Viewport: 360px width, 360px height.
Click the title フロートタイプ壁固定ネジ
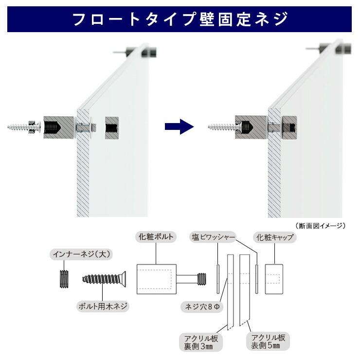(x=180, y=19)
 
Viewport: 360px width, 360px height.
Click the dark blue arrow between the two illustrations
(x=180, y=126)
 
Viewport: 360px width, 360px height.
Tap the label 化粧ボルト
(x=156, y=237)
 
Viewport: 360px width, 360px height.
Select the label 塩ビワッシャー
(x=213, y=237)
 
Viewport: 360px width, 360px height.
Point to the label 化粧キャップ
(x=275, y=237)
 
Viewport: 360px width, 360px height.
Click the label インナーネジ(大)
(x=81, y=254)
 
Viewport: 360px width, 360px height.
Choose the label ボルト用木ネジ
(x=103, y=306)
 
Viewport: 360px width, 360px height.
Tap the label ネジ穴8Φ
(x=202, y=307)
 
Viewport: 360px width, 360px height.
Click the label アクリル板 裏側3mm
(x=201, y=342)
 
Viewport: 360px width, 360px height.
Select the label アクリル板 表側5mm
(x=268, y=341)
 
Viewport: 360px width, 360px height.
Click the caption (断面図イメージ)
(x=320, y=226)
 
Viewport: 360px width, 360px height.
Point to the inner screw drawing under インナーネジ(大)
(x=64, y=279)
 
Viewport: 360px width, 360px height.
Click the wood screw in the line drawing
(x=104, y=279)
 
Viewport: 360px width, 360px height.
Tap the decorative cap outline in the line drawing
(x=274, y=279)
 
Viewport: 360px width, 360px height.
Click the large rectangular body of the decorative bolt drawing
(x=157, y=279)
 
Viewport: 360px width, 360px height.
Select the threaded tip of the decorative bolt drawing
(x=202, y=279)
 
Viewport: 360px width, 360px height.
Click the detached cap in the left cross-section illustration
(x=112, y=127)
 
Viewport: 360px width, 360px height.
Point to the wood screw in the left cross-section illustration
(x=24, y=127)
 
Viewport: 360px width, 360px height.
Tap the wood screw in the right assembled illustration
(x=224, y=126)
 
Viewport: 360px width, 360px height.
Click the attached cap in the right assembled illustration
(x=289, y=127)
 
